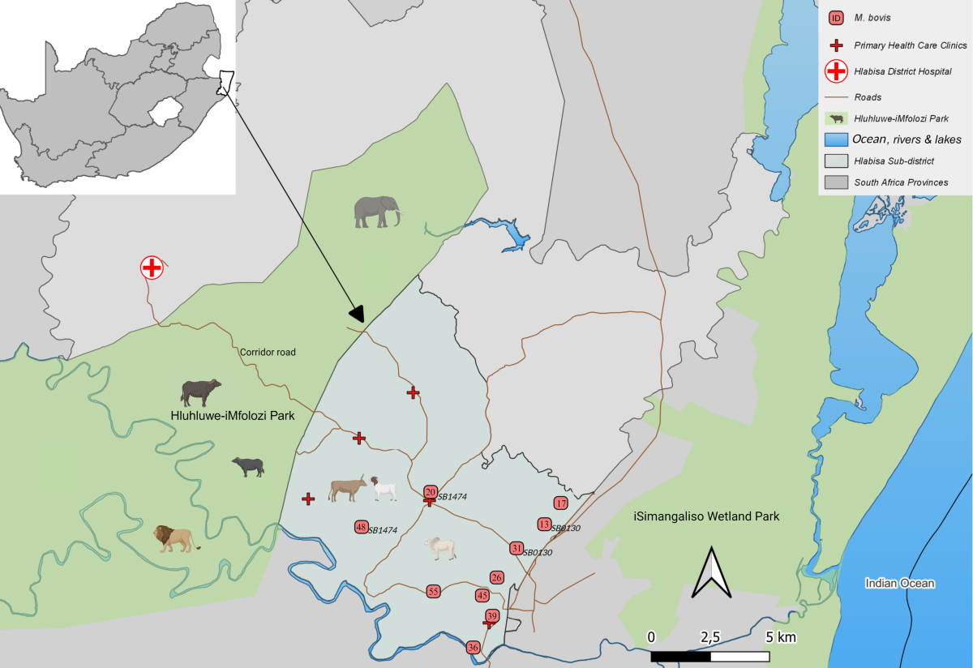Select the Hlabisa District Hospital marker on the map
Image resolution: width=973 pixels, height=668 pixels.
click(x=152, y=267)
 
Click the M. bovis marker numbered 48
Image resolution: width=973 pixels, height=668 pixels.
click(x=361, y=527)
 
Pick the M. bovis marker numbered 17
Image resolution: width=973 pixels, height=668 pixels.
click(x=560, y=503)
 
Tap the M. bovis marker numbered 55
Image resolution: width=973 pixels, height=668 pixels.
click(x=433, y=591)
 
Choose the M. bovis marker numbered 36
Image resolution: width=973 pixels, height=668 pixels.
click(x=474, y=647)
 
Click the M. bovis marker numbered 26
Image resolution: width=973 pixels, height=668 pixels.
click(x=497, y=577)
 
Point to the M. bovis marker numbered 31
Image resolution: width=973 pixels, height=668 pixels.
click(x=517, y=548)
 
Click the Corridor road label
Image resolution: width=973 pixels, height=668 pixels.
click(x=268, y=353)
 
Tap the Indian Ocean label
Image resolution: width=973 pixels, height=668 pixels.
click(x=900, y=583)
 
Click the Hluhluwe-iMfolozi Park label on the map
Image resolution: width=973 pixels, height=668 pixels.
click(x=232, y=415)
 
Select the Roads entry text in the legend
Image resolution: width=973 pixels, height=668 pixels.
click(x=867, y=96)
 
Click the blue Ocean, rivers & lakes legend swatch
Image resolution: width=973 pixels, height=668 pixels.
click(x=835, y=139)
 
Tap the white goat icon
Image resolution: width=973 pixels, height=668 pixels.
click(x=384, y=488)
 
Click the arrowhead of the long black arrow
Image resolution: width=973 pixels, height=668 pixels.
click(x=357, y=314)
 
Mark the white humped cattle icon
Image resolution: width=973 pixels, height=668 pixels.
click(x=440, y=549)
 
